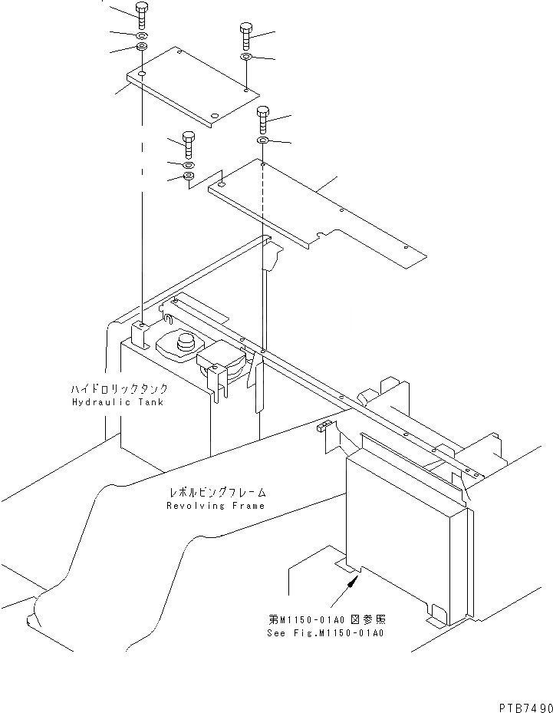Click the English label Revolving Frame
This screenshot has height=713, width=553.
(216, 506)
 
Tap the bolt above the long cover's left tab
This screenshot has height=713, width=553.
(189, 144)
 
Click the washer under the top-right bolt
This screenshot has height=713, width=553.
(245, 58)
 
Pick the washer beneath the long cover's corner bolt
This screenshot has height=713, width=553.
(262, 141)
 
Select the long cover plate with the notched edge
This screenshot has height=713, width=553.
(314, 207)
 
